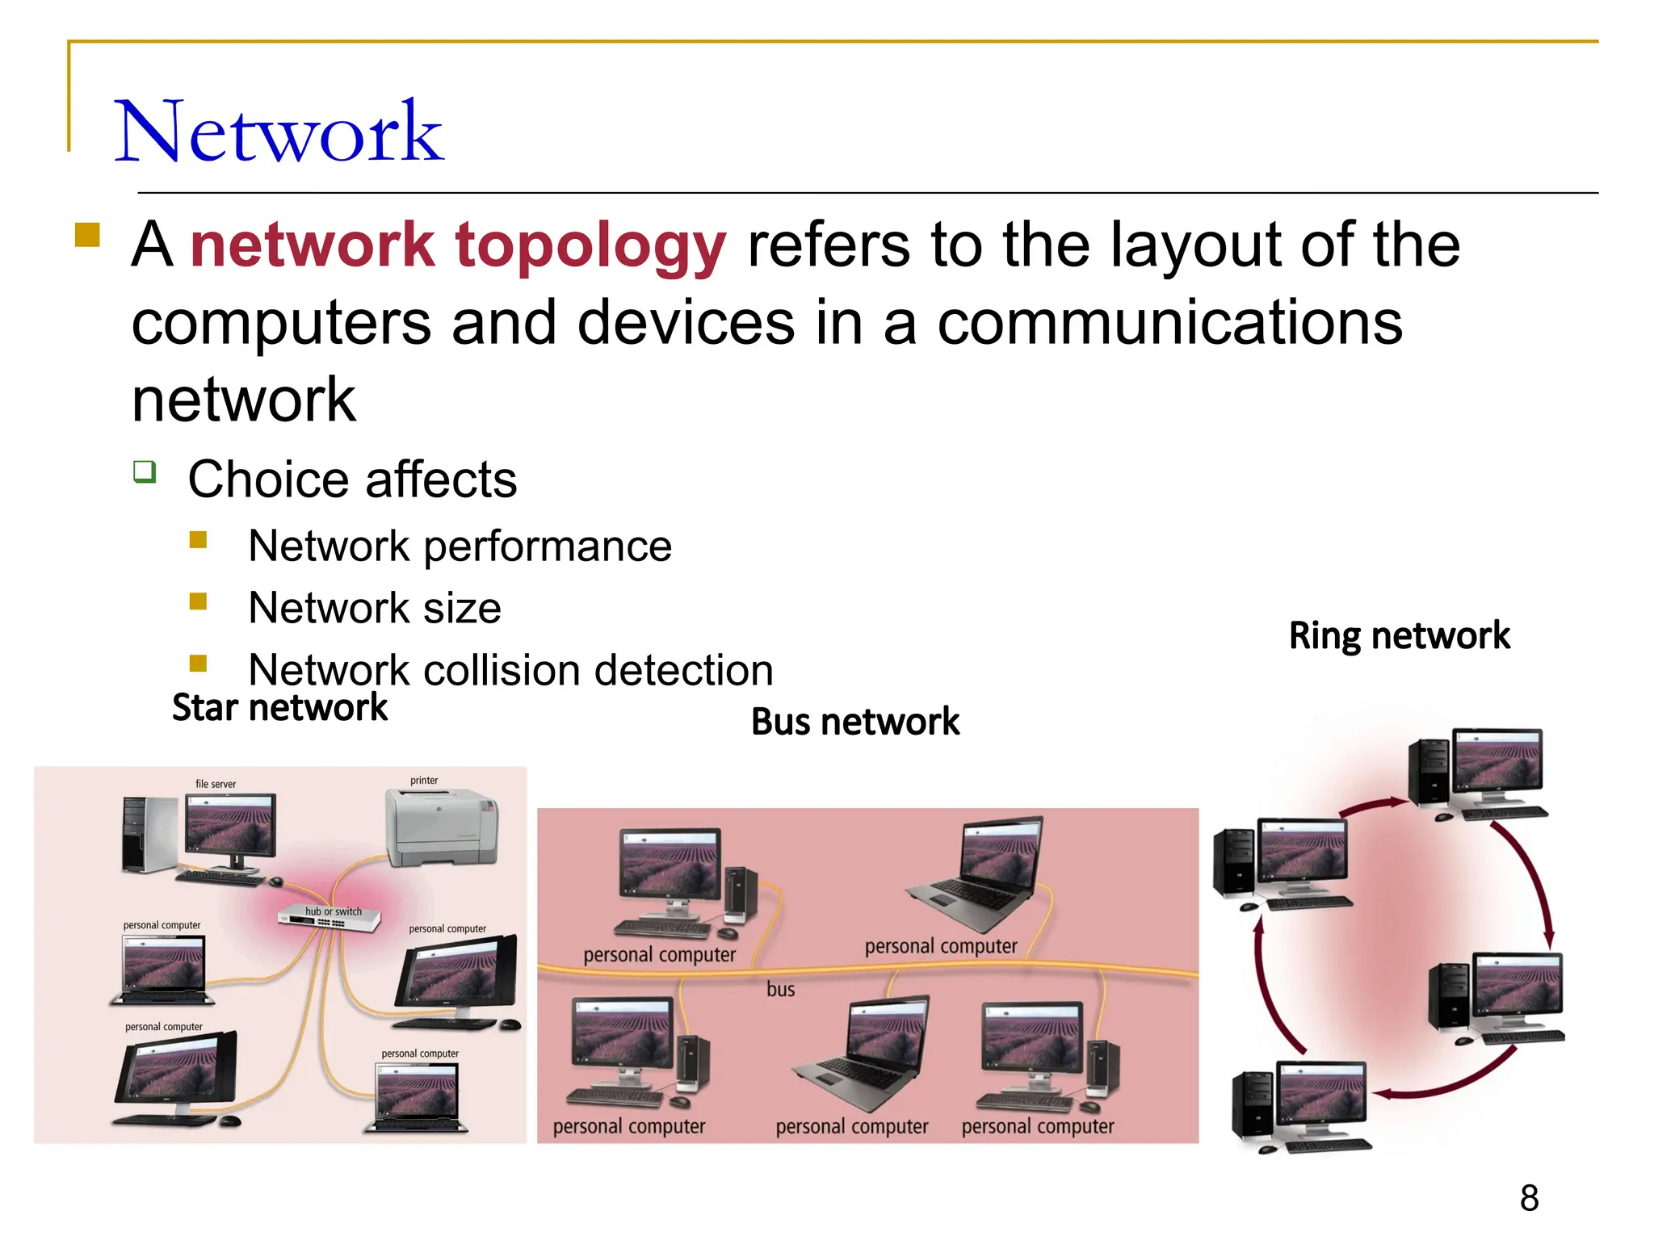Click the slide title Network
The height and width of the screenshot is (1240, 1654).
pos(279,132)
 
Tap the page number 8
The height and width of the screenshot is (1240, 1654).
pos(1529,1198)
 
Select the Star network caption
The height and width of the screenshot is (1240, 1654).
pos(279,708)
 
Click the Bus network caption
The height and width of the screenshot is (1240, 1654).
pos(855,722)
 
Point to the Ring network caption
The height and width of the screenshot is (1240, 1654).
pos(1399,635)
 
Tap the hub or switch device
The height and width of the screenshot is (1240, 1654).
pos(330,919)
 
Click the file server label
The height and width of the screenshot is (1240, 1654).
pos(216,784)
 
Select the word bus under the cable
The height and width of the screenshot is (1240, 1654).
pos(780,989)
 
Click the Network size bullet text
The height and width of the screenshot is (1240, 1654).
pos(374,608)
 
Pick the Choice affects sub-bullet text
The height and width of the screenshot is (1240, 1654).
pos(352,480)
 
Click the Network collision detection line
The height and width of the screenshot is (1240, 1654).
pos(510,670)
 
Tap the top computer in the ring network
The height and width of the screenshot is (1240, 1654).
pos(1478,773)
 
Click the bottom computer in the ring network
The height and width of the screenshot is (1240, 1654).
pos(1302,1106)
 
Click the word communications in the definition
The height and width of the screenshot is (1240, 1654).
pos(1169,322)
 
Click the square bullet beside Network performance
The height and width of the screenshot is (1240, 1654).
pos(199,539)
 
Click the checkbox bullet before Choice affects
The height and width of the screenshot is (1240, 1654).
pos(145,471)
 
